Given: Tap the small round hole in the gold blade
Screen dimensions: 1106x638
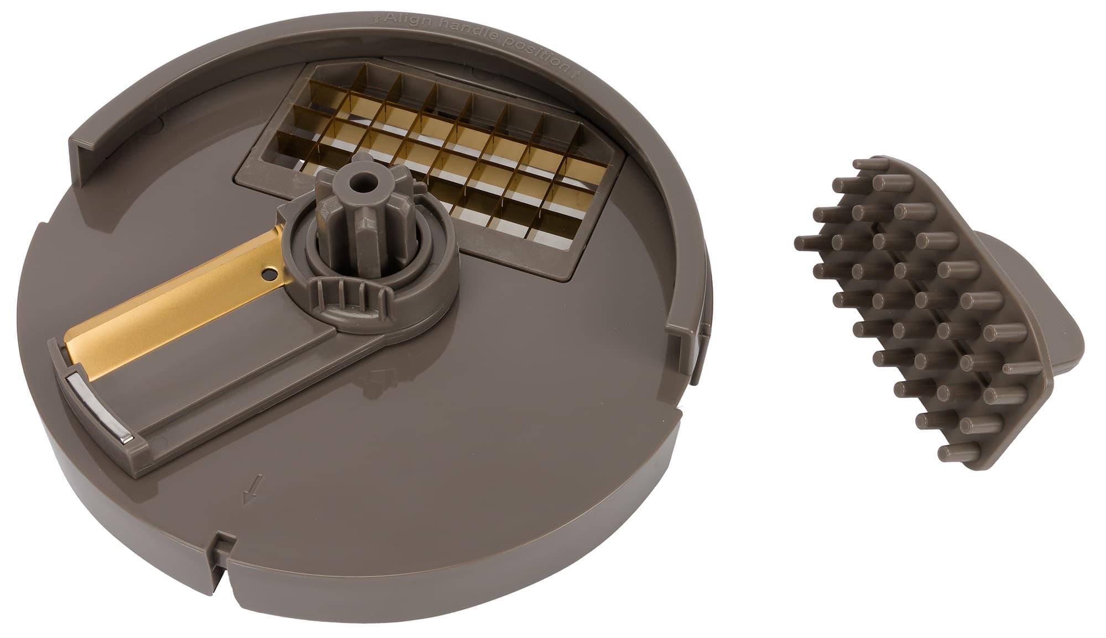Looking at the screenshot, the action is click(x=269, y=273).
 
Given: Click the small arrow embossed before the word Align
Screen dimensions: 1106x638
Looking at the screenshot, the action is click(x=377, y=18).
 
